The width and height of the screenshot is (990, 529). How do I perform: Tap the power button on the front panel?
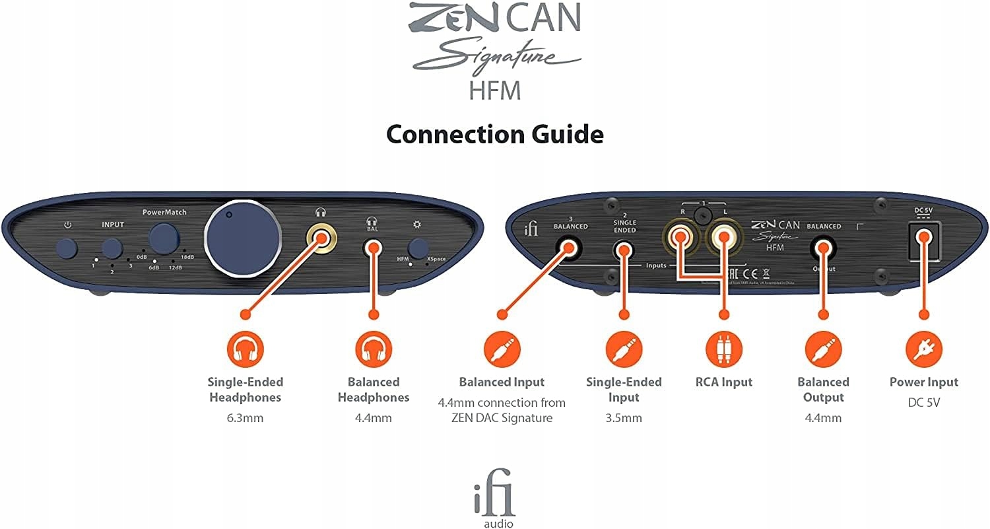pyautogui.click(x=67, y=248)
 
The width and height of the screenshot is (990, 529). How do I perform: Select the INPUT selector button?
pyautogui.click(x=113, y=248)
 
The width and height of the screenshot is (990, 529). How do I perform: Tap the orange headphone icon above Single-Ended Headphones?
pyautogui.click(x=245, y=350)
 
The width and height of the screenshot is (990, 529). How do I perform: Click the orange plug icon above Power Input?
pyautogui.click(x=923, y=350)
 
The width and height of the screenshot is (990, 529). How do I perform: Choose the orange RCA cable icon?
pyautogui.click(x=723, y=350)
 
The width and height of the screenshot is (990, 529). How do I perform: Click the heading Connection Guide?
pyautogui.click(x=494, y=135)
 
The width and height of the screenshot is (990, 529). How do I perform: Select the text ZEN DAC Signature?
pyautogui.click(x=502, y=418)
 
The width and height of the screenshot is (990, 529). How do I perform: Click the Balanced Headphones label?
pyautogui.click(x=374, y=390)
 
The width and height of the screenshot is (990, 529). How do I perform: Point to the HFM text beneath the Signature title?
pyautogui.click(x=495, y=90)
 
